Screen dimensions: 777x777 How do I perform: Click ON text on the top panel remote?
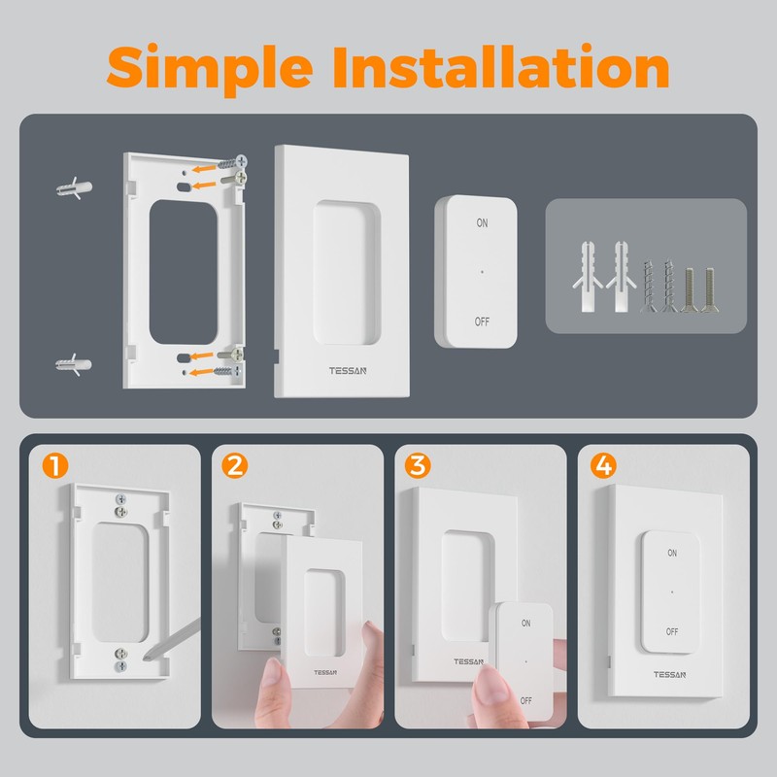[483, 223]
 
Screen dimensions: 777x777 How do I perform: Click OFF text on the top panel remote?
[483, 321]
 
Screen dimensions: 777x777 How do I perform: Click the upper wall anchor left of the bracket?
[74, 186]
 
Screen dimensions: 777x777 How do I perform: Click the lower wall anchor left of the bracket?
[74, 365]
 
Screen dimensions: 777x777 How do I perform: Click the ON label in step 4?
[672, 552]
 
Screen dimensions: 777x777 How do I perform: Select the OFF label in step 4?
[672, 630]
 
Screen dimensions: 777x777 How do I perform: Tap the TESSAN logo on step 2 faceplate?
[325, 671]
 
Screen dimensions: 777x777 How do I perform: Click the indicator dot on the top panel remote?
[483, 272]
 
